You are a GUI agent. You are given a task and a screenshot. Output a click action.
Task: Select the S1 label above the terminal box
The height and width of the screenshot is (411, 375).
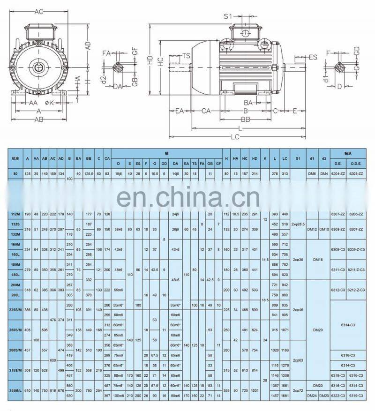click(x=228, y=16)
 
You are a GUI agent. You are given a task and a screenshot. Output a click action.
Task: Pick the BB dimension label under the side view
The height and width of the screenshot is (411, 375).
click(x=246, y=120)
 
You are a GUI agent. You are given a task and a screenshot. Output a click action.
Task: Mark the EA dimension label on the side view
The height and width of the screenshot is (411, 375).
click(x=179, y=111)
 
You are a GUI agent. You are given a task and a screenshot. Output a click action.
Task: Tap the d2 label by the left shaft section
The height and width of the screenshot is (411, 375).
click(x=103, y=78)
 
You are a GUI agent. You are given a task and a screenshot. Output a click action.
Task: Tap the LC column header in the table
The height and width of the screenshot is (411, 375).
click(x=285, y=158)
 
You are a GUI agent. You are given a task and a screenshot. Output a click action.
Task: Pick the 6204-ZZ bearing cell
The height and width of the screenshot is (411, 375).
click(x=337, y=174)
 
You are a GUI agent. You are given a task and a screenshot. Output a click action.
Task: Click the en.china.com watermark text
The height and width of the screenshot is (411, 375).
click(x=187, y=198)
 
